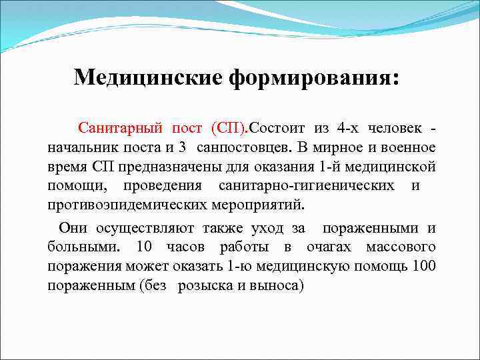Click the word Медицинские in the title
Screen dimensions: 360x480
[149, 77]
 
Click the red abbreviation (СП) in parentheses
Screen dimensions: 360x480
[229, 127]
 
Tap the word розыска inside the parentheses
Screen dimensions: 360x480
[203, 285]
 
